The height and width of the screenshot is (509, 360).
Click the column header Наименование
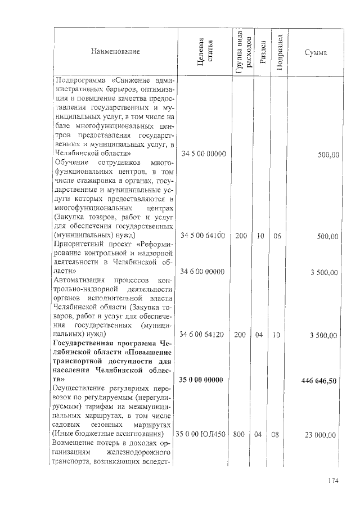115,52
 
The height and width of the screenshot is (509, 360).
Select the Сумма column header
316,52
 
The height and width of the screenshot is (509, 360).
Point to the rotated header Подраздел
279,52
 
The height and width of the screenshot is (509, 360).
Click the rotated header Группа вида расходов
241,52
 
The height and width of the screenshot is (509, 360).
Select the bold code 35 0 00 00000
202,381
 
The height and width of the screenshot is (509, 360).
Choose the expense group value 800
241,435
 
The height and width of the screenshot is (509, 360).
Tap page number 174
334,481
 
